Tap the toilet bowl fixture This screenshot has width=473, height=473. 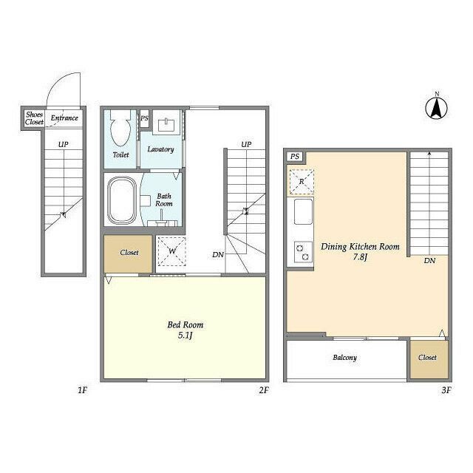[x=120, y=128]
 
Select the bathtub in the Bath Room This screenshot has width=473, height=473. [x=122, y=200]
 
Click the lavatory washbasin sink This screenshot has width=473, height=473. [x=167, y=122]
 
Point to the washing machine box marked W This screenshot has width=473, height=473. [x=172, y=251]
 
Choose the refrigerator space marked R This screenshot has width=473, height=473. [x=302, y=182]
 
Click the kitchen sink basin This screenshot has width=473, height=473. [x=303, y=211]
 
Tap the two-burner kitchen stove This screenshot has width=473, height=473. [x=303, y=252]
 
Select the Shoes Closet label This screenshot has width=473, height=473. [x=34, y=118]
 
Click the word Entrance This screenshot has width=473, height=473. [x=64, y=118]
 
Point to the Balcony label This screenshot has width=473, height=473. [x=345, y=358]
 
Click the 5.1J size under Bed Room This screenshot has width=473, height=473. [x=185, y=336]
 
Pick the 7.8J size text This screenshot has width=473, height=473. [x=360, y=257]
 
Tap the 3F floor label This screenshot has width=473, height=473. [x=446, y=390]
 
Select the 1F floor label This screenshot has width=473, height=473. [x=82, y=390]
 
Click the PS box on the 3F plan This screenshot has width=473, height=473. [x=295, y=156]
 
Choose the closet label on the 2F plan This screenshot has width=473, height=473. [x=129, y=253]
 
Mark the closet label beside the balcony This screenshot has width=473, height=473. [x=427, y=358]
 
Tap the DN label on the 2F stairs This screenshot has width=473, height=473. [x=218, y=255]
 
